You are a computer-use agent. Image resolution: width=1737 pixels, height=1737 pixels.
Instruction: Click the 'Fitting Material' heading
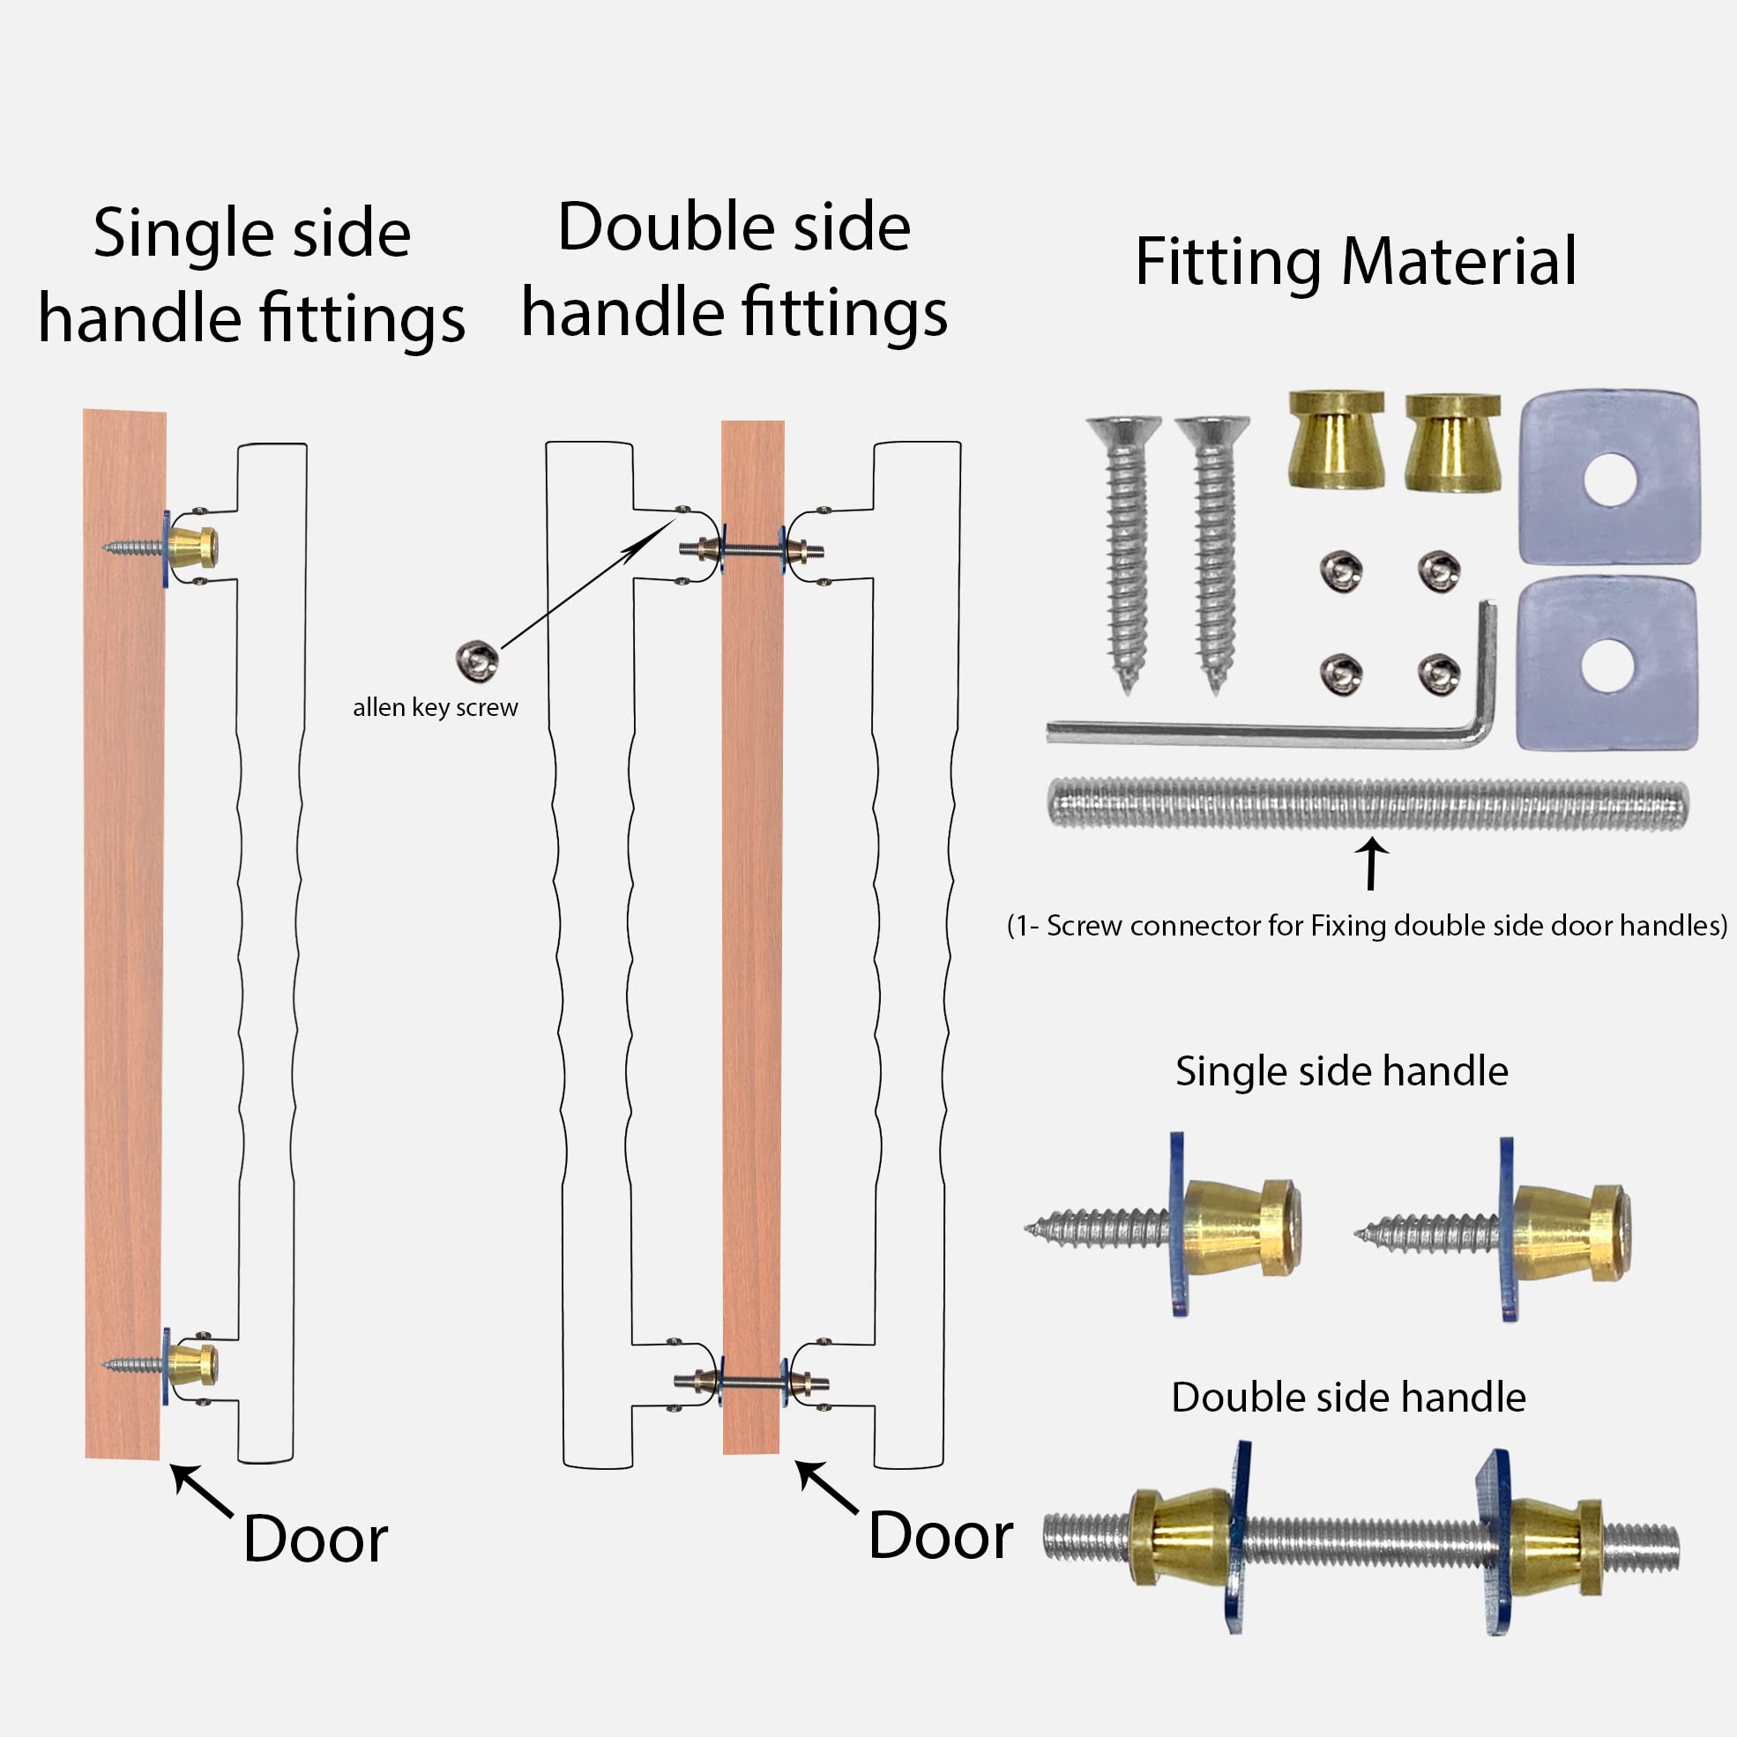coord(1355,262)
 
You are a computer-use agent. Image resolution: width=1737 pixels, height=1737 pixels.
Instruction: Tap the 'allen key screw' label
coord(436,707)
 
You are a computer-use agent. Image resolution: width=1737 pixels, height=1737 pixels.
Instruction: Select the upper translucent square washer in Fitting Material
coord(1608,476)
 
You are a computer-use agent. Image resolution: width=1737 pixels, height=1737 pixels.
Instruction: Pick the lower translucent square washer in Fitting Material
coord(1607,665)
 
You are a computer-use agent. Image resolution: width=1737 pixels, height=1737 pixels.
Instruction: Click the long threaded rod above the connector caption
coord(1367,805)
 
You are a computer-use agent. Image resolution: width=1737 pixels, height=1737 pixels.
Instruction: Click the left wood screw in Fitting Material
coord(1124,553)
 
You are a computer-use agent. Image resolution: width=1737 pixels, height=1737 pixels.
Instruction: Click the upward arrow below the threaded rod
coord(1371,864)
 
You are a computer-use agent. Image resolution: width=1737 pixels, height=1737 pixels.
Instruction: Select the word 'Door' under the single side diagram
coord(315,1539)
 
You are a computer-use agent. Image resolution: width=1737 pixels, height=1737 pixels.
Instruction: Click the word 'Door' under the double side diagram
coord(941,1535)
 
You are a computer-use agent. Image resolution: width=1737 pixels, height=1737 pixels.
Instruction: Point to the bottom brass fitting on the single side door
coord(192,1364)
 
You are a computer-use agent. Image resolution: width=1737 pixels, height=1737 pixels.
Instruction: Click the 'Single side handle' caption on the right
coord(1341,1070)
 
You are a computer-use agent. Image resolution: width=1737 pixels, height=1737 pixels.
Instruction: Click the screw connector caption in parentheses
coord(1367,925)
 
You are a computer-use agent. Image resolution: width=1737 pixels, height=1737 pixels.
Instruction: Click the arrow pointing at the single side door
coord(201,1491)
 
